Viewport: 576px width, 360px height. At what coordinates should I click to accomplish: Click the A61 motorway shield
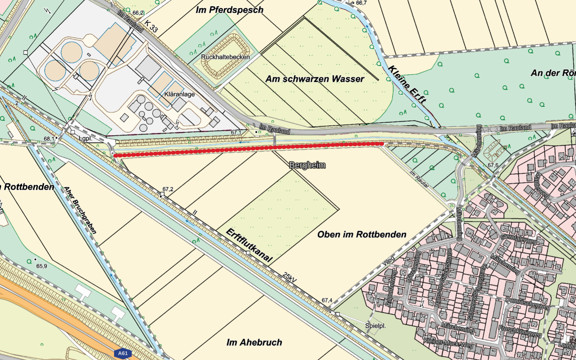pos(122,353)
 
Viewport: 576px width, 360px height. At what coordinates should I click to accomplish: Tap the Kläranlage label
pos(179,94)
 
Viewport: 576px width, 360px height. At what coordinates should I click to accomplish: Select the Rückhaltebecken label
pos(225,57)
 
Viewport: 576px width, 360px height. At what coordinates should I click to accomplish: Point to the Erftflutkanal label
pos(249,245)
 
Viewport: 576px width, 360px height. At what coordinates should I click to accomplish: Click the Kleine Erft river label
pos(407,84)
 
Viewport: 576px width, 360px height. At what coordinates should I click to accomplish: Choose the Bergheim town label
pos(307,165)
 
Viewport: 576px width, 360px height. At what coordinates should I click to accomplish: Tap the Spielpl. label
pos(375,326)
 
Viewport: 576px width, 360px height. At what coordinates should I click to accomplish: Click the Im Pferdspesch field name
pos(229,10)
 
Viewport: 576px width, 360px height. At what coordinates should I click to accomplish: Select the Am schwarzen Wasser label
pos(314,79)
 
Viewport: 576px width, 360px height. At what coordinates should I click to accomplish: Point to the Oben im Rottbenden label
pos(361,234)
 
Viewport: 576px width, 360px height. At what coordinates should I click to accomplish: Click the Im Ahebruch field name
pos(254,342)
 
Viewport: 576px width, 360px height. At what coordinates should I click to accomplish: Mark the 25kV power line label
pos(289,277)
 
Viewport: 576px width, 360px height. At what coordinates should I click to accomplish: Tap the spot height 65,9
pos(41,266)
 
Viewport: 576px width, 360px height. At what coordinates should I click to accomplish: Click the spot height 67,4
pos(327,300)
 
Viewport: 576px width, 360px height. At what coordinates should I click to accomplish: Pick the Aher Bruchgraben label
pos(80,210)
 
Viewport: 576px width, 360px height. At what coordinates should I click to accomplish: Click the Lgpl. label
pos(85,139)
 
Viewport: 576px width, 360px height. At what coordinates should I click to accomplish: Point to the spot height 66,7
pos(361,3)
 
